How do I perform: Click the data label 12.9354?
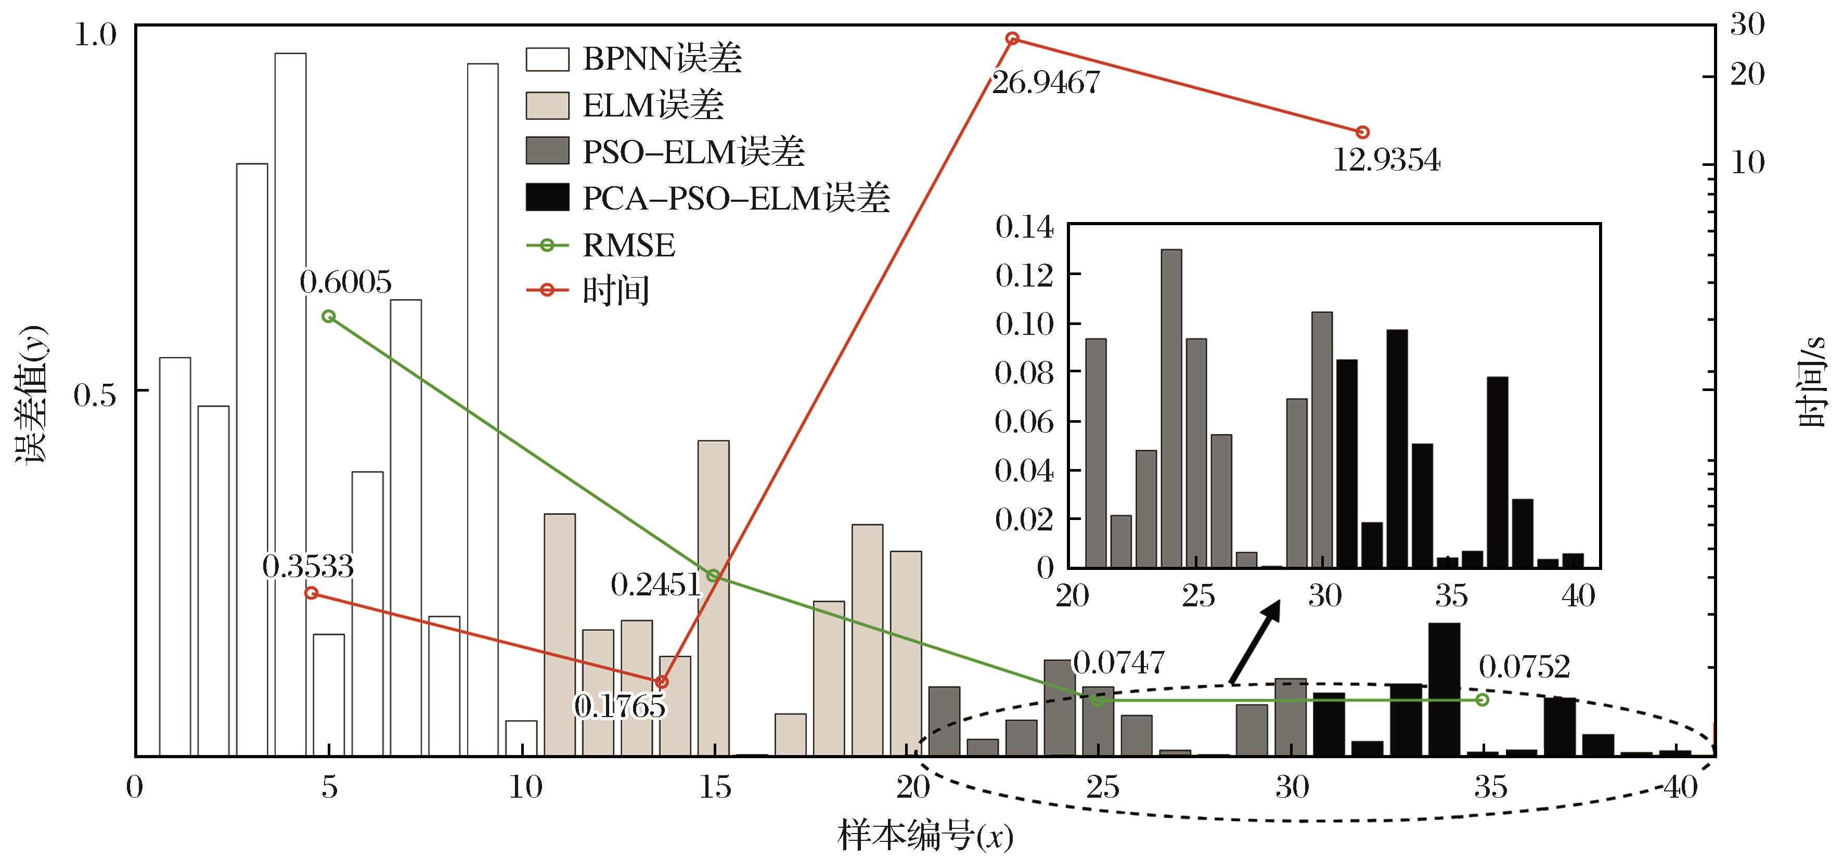pyautogui.click(x=1386, y=160)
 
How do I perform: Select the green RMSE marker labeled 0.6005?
pyautogui.click(x=328, y=316)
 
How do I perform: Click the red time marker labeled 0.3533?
pyautogui.click(x=311, y=593)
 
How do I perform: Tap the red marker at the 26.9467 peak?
pyautogui.click(x=1012, y=38)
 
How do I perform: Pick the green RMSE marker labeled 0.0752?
pyautogui.click(x=1481, y=699)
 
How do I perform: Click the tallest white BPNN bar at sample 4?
pyautogui.click(x=290, y=404)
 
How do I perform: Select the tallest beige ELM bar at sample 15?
pyautogui.click(x=713, y=598)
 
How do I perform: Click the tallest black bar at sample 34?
pyautogui.click(x=1444, y=690)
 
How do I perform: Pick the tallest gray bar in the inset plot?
pyautogui.click(x=1171, y=408)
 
